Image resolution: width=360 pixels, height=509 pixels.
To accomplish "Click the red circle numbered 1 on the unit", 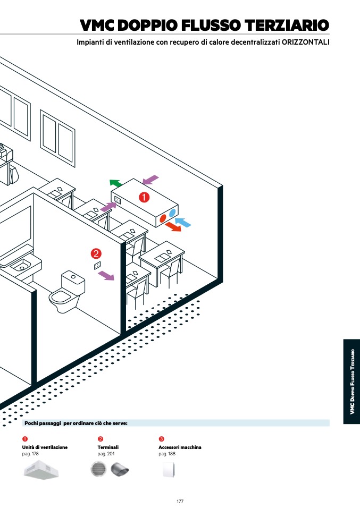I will pyautogui.click(x=144, y=197).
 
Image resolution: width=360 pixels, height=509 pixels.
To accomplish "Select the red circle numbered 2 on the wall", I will pyautogui.click(x=96, y=253).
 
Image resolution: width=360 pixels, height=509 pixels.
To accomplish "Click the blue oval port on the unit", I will pyautogui.click(x=172, y=213).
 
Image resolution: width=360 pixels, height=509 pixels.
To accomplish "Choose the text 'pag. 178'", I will pyautogui.click(x=30, y=454).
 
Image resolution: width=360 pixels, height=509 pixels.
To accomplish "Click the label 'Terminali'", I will pyautogui.click(x=108, y=447).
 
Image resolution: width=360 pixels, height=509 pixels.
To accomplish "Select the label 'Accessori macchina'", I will pyautogui.click(x=180, y=447).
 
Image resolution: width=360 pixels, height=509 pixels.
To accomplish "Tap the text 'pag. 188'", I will pyautogui.click(x=167, y=454).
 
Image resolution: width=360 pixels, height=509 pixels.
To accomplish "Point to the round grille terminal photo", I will pyautogui.click(x=99, y=470).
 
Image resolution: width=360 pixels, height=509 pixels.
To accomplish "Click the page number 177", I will pyautogui.click(x=180, y=501).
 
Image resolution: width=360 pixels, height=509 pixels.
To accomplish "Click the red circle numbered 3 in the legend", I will pyautogui.click(x=161, y=439).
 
